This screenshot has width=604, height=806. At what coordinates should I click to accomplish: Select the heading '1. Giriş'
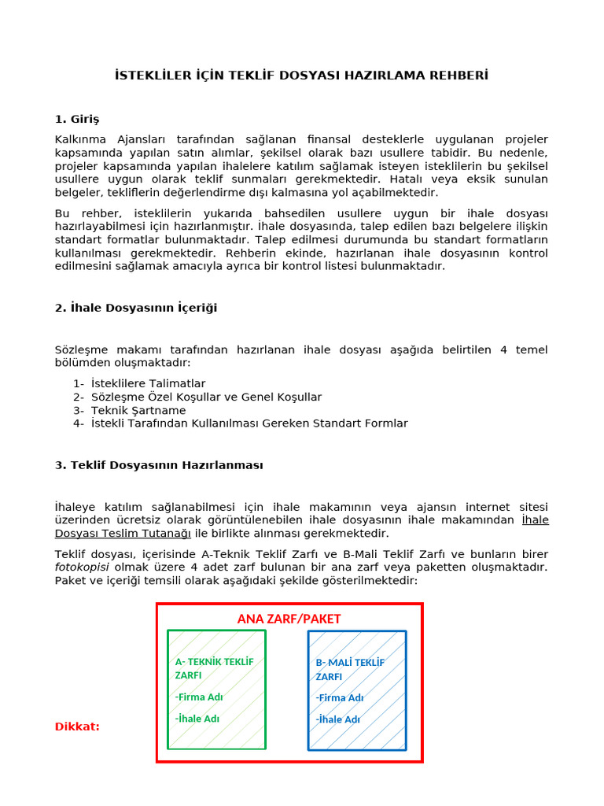[x=77, y=120]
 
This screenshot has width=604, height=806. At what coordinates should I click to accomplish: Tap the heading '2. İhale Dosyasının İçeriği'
[x=136, y=308]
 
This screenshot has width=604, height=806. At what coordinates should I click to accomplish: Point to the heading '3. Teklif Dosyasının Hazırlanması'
[x=159, y=465]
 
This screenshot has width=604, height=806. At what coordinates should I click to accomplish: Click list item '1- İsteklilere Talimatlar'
[x=139, y=383]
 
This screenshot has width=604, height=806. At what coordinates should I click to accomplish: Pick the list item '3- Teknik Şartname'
[x=130, y=410]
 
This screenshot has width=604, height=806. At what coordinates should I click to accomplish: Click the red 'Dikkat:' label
[x=77, y=727]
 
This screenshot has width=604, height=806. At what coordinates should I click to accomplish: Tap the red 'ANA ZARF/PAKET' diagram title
[x=289, y=619]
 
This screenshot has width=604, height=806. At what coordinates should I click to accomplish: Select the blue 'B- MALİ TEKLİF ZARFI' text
[x=350, y=669]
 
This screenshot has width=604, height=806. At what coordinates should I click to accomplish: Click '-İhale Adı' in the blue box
[x=338, y=719]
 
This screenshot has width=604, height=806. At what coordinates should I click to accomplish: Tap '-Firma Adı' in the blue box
[x=340, y=697]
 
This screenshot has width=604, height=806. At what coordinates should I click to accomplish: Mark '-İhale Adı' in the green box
[x=197, y=718]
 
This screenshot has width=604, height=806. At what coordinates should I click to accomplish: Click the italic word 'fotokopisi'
[x=82, y=568]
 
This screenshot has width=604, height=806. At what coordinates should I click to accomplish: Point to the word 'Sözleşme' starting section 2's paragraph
[x=81, y=349]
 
